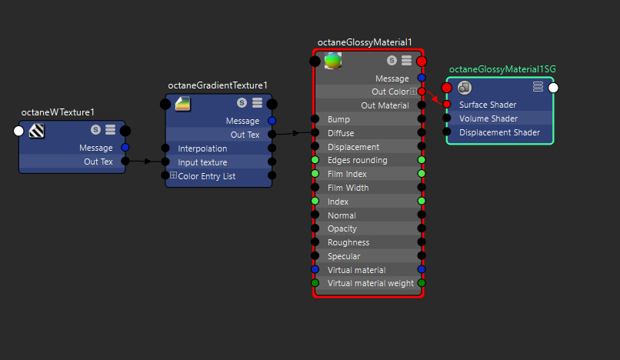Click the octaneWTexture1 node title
tap(57, 112)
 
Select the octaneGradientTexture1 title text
tap(218, 85)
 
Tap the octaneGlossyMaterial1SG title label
tap(502, 69)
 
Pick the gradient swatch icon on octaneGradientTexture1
tap(183, 103)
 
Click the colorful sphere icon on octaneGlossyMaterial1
tap(333, 61)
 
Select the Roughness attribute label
tap(348, 243)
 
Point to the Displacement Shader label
tap(499, 132)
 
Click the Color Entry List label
tap(207, 176)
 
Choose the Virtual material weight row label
tap(370, 284)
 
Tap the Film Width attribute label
tap(348, 188)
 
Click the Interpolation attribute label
tap(202, 148)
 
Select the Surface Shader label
tap(488, 105)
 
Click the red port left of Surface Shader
tap(447, 105)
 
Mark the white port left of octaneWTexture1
tap(19, 131)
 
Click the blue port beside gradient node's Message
tap(271, 121)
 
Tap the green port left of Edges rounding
tap(315, 160)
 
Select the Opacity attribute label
tap(343, 229)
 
